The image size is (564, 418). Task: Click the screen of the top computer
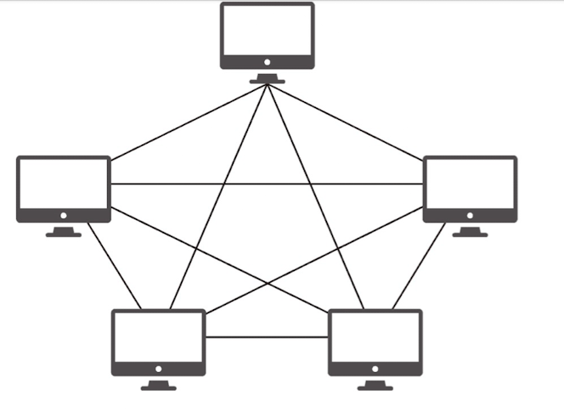[x=268, y=30]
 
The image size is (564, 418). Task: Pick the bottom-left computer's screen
[x=159, y=336]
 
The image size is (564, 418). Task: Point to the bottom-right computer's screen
[x=375, y=336]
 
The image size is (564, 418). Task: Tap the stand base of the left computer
[x=64, y=233]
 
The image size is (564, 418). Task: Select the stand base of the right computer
[x=470, y=233]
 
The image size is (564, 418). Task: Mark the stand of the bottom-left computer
[x=159, y=386]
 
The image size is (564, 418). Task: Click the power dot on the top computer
[x=268, y=62]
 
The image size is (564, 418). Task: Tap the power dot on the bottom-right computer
[x=375, y=369]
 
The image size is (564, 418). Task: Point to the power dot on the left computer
[x=64, y=215]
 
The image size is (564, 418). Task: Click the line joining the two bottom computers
[x=267, y=337]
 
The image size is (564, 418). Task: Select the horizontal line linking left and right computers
[x=267, y=184]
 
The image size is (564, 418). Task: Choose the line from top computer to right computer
[x=348, y=121]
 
